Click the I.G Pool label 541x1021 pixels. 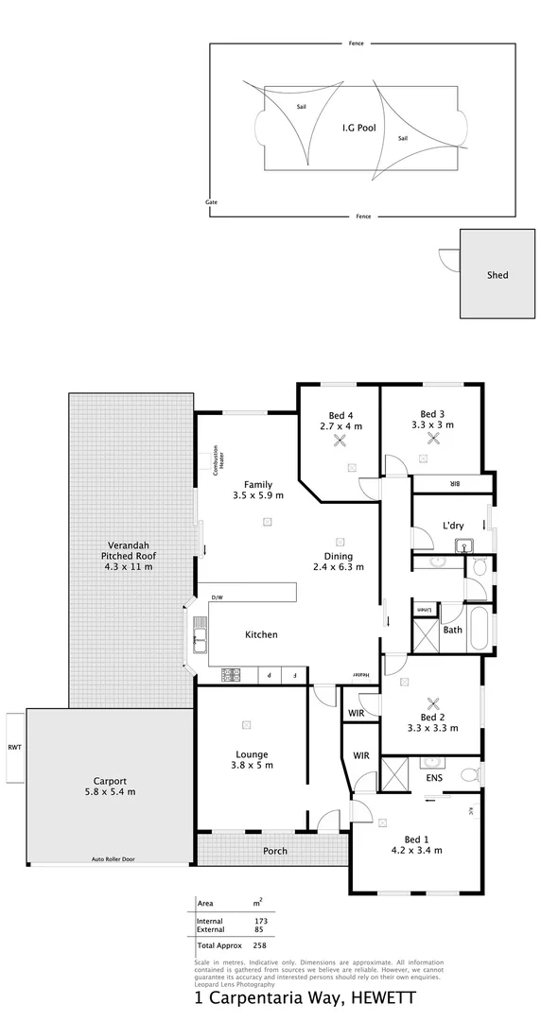pyautogui.click(x=359, y=125)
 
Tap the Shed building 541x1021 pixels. pyautogui.click(x=497, y=275)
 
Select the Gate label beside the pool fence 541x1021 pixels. pyautogui.click(x=211, y=202)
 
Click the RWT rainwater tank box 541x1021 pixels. pyautogui.click(x=13, y=747)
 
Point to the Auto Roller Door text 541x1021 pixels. pyautogui.click(x=113, y=859)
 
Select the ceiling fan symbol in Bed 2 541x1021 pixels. pyautogui.click(x=433, y=702)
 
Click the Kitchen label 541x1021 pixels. pyautogui.click(x=261, y=634)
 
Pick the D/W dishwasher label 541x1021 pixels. pyautogui.click(x=218, y=597)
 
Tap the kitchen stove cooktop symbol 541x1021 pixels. pyautogui.click(x=232, y=675)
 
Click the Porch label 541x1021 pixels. pyautogui.click(x=274, y=851)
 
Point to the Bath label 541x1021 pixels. pyautogui.click(x=452, y=630)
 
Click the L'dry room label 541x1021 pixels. pyautogui.click(x=452, y=526)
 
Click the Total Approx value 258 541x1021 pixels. pyautogui.click(x=260, y=945)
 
